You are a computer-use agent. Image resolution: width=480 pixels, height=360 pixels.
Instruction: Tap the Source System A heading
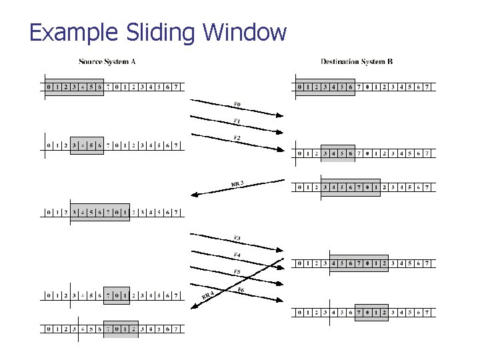[x=107, y=62]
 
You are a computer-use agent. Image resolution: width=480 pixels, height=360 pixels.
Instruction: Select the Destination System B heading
[x=357, y=62]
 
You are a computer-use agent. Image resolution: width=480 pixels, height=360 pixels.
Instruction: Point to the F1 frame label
[x=237, y=121]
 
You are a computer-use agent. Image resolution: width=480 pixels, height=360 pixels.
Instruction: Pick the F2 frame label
[x=237, y=138]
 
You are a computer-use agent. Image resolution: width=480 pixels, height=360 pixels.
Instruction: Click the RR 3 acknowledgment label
[x=237, y=183]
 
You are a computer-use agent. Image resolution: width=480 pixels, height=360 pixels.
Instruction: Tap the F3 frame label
[x=237, y=238]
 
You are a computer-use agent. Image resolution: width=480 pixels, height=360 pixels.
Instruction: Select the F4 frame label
[x=237, y=255]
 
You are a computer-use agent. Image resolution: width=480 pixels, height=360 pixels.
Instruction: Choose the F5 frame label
[x=237, y=272]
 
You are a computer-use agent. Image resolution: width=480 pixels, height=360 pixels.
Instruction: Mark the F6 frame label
[x=241, y=289]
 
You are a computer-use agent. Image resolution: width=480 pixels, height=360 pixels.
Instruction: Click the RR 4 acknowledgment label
[x=207, y=295]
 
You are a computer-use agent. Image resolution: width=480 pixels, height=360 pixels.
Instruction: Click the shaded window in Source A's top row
[x=74, y=87]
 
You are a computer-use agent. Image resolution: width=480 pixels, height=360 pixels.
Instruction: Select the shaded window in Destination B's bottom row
[x=371, y=312]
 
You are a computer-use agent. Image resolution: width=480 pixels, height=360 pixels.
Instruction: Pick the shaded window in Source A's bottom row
[x=121, y=329]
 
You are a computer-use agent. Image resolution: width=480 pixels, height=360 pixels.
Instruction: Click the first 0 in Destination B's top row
[x=299, y=87]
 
